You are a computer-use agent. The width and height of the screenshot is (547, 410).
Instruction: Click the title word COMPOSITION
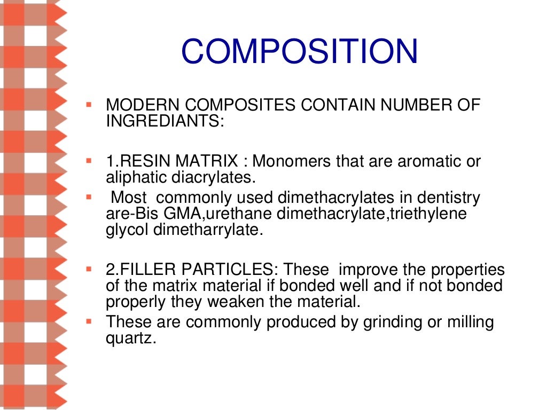tap(299, 52)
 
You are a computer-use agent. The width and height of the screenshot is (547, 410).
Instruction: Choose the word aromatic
tap(429, 161)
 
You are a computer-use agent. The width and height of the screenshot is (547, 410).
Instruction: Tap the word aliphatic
tap(138, 177)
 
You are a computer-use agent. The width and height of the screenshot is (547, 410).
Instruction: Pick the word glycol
tap(123, 230)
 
